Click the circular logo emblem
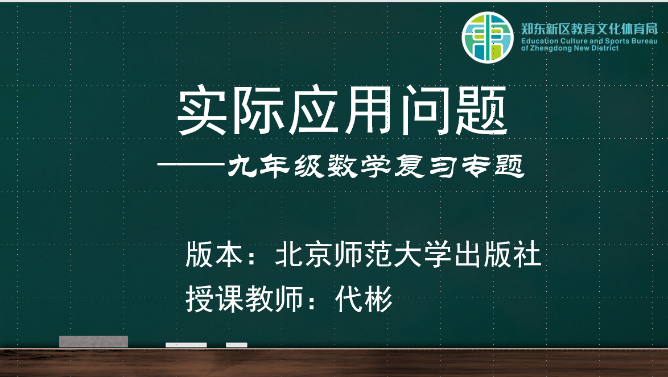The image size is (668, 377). (x=488, y=38)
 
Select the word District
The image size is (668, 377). (x=604, y=48)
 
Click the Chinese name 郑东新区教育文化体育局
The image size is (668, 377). (x=589, y=29)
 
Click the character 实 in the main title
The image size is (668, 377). (x=201, y=111)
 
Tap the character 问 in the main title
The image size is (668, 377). (x=424, y=111)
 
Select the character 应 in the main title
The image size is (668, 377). (x=313, y=111)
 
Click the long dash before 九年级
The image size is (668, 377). (x=191, y=164)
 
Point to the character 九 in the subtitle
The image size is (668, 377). (x=242, y=166)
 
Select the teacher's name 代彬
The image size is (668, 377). (x=364, y=299)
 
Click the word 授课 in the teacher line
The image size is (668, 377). (x=215, y=299)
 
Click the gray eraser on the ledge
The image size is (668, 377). (x=94, y=342)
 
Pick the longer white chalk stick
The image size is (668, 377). (x=186, y=345)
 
